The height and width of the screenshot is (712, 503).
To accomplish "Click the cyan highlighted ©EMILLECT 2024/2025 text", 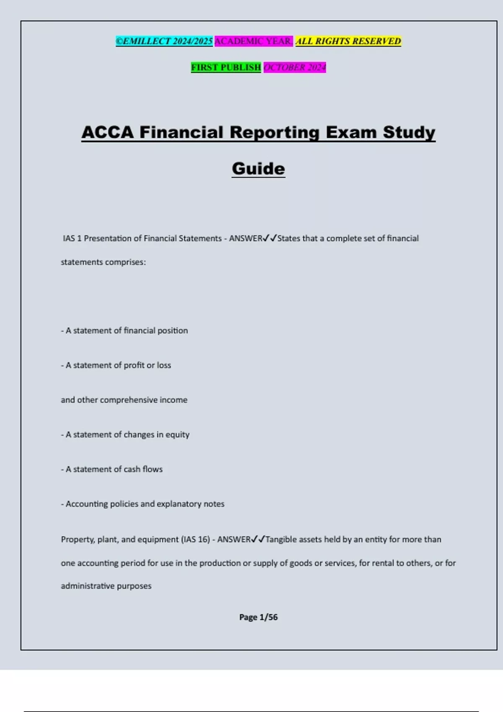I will click(x=164, y=41).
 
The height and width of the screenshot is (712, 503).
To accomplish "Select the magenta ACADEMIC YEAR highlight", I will click(x=254, y=41).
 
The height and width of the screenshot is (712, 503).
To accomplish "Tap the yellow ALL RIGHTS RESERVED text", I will click(x=348, y=41).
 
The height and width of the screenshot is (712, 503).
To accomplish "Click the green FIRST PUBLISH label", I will click(x=226, y=67).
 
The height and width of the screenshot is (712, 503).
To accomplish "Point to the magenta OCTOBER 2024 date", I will click(x=295, y=67).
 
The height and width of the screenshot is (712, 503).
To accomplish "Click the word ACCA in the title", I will click(x=107, y=132).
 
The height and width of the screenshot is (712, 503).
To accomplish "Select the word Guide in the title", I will click(x=258, y=169).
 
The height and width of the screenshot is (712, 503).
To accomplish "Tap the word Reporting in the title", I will click(x=274, y=132).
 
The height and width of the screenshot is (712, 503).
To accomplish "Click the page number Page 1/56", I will click(x=258, y=617).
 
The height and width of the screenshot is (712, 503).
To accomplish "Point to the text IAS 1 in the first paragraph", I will click(x=72, y=238).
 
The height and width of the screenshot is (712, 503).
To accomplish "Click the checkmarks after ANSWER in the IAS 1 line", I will click(x=270, y=238).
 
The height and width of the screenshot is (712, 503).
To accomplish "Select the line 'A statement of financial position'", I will click(x=124, y=330).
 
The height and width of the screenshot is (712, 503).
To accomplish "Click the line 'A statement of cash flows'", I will click(x=112, y=469).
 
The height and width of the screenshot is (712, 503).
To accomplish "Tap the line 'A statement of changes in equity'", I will click(x=125, y=434).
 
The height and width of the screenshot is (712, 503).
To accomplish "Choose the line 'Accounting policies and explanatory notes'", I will click(x=143, y=504).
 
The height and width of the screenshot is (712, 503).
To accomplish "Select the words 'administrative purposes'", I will click(x=106, y=586).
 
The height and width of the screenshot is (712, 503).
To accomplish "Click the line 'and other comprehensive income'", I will click(x=124, y=400).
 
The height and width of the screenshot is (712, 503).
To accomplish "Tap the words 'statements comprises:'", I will click(x=104, y=262).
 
